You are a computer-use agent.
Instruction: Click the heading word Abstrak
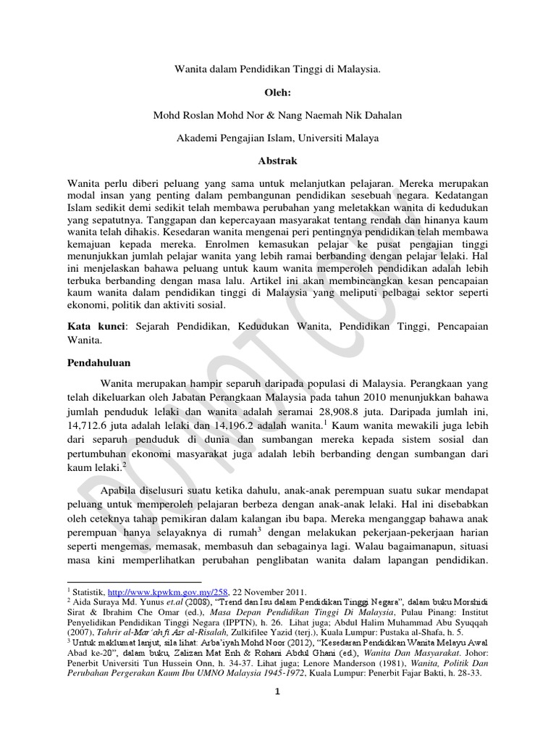point(278,161)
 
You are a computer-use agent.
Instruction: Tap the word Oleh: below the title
point(278,92)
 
